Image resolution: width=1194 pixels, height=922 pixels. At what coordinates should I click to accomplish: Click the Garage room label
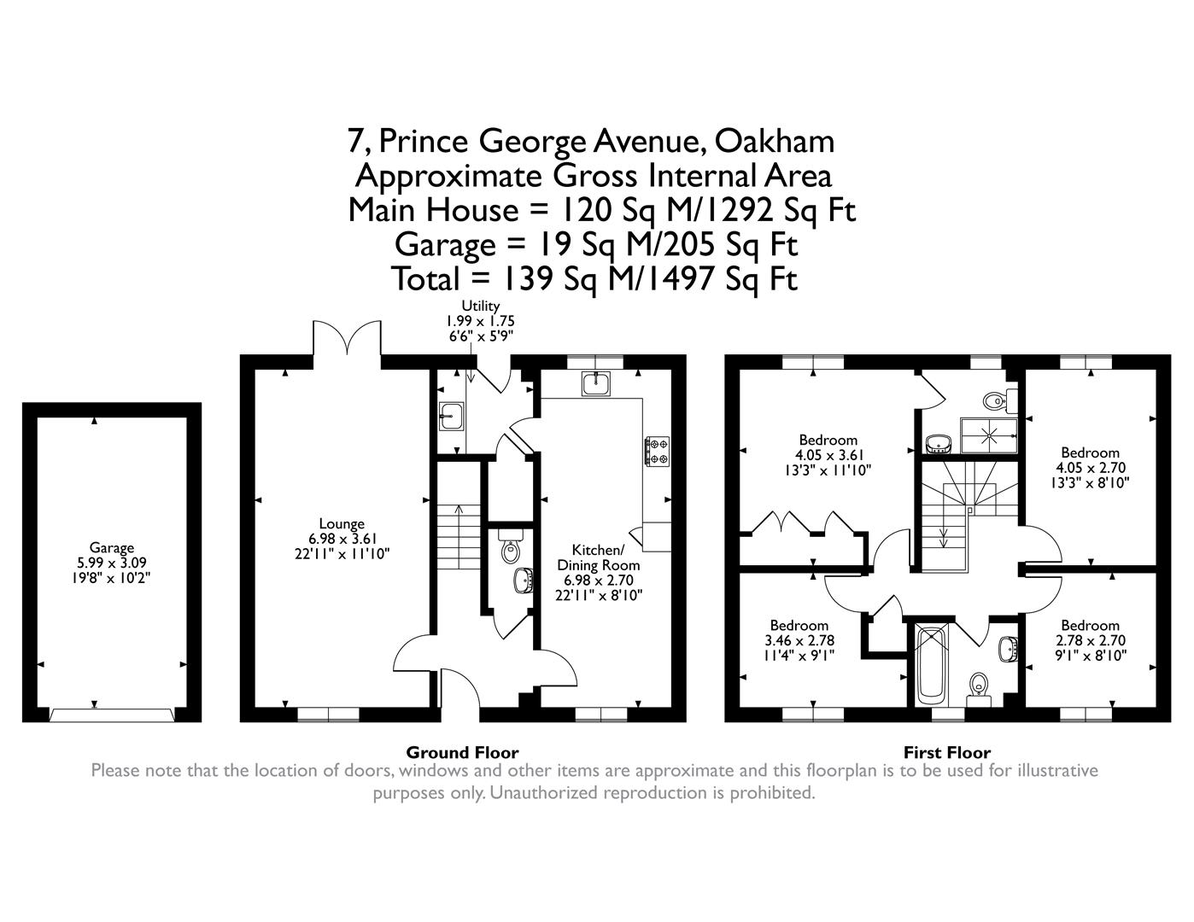[x=112, y=563]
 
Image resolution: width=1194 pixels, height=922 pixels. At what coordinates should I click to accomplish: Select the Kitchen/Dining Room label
[x=598, y=564]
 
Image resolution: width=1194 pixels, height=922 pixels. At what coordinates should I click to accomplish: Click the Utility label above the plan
[x=480, y=306]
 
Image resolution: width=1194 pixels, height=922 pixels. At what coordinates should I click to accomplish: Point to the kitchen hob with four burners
[x=657, y=452]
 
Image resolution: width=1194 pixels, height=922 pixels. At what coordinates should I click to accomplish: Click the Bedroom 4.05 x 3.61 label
[x=826, y=455]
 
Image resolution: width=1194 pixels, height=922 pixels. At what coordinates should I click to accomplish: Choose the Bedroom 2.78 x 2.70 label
[x=1090, y=640]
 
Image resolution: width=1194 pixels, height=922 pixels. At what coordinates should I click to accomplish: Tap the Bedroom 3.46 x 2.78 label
[x=799, y=640]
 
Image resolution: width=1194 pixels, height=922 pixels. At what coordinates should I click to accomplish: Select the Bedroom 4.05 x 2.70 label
[x=1090, y=467]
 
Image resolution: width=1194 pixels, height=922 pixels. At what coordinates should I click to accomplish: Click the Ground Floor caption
[x=461, y=752]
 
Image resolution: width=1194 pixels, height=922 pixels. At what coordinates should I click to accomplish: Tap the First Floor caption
[x=947, y=752]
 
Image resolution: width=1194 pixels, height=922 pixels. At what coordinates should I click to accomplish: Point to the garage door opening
[x=112, y=714]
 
